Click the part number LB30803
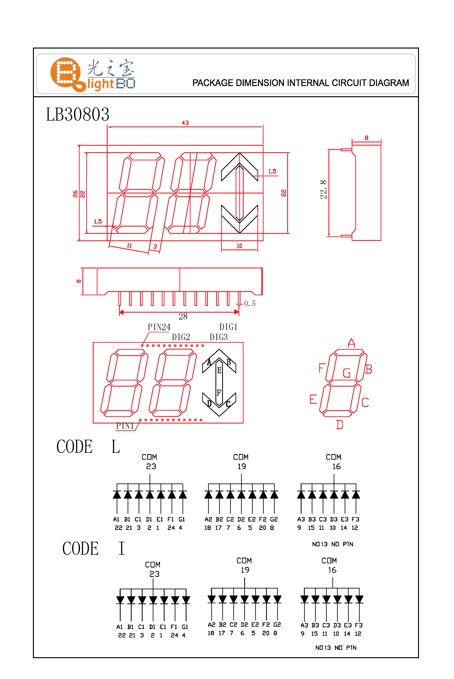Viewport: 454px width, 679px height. coord(78,114)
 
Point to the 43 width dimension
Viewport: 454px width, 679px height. coord(185,123)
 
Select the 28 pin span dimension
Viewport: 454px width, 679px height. coord(183,316)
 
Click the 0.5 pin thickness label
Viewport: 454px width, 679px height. coord(250,304)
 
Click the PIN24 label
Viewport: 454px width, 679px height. coord(159,327)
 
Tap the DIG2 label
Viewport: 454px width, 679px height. coord(181,337)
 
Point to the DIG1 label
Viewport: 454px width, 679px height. coord(229,327)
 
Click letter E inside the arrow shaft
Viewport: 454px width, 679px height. coord(219,370)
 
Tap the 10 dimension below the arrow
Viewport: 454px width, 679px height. coord(239,246)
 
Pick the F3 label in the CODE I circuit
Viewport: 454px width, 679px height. coord(359,625)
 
